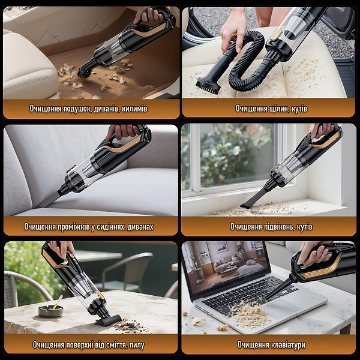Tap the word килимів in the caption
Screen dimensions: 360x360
pyautogui.click(x=134, y=109)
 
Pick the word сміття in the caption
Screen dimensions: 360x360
pyautogui.click(x=116, y=345)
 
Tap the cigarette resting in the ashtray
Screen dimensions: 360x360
pyautogui.click(x=57, y=302)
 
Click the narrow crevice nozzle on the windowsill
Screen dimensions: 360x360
pyautogui.click(x=254, y=197)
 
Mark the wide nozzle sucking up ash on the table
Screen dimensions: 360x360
pyautogui.click(x=108, y=320)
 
